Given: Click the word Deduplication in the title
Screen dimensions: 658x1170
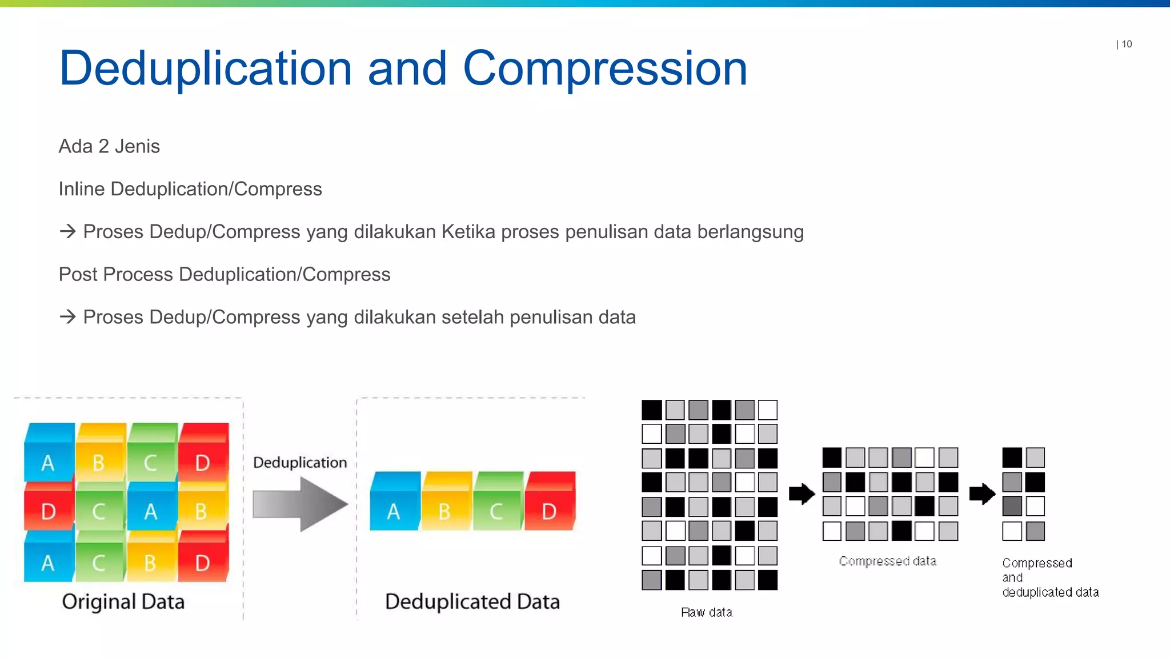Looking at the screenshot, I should click(x=206, y=69).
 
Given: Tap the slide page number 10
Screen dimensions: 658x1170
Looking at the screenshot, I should click(x=1126, y=44).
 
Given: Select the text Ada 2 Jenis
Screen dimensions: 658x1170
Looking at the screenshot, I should click(x=109, y=146).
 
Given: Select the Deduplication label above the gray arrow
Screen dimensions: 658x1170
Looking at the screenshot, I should click(x=300, y=462).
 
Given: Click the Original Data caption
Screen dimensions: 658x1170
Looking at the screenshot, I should click(x=123, y=601).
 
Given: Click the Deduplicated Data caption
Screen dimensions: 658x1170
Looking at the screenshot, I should click(x=472, y=601).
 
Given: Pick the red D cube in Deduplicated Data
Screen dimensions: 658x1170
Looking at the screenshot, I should click(x=549, y=503).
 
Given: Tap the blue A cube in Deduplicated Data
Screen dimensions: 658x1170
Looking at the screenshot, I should click(x=394, y=503).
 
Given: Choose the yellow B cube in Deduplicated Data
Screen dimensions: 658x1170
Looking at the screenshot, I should click(x=446, y=503).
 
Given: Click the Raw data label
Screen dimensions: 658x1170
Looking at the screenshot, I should click(x=707, y=612).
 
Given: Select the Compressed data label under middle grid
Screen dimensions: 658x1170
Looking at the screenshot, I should click(x=887, y=561).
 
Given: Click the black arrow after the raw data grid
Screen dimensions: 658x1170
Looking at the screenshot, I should click(x=802, y=494).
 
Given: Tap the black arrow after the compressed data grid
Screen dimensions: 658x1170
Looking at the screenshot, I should click(x=982, y=494).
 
